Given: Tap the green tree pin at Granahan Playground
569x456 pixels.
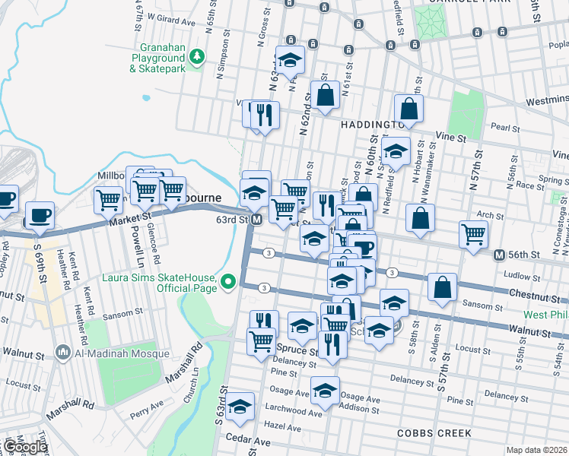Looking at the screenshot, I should click(197, 57).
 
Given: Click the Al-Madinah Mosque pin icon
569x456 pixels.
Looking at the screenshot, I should click(63, 352).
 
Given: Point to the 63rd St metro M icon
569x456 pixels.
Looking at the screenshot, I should click(257, 220).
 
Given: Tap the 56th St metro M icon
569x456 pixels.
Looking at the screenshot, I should click(499, 255).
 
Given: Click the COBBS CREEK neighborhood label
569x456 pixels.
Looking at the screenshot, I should click(434, 433).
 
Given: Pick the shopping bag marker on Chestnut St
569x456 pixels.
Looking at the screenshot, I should click(442, 288).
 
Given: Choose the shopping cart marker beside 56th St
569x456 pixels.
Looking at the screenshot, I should click(474, 234).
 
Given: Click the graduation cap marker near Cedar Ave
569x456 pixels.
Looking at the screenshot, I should click(240, 407).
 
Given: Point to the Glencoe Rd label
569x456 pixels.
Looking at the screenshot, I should click(153, 233).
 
